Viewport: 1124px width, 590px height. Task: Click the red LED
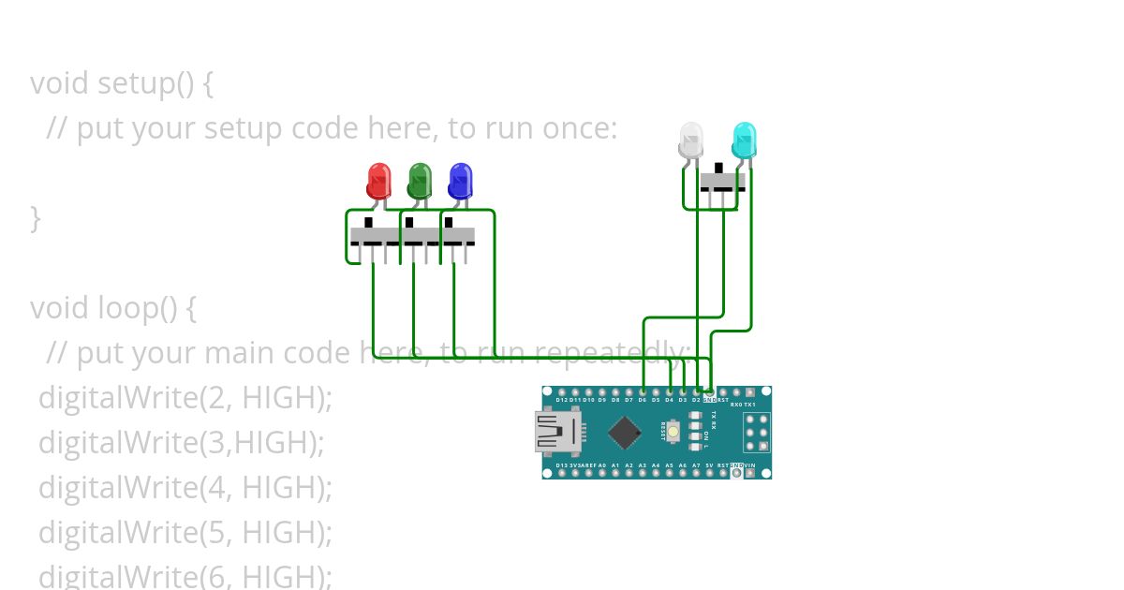pyautogui.click(x=378, y=179)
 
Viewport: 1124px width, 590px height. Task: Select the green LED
pyautogui.click(x=420, y=179)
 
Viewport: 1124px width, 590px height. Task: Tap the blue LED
pyautogui.click(x=460, y=179)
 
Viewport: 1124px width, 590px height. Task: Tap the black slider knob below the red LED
pyautogui.click(x=369, y=223)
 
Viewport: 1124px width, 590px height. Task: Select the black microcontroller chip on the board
pyautogui.click(x=624, y=433)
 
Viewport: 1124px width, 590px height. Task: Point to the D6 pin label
pyautogui.click(x=643, y=400)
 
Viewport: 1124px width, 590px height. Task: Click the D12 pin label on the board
pyautogui.click(x=561, y=400)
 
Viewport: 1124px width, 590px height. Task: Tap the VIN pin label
pyautogui.click(x=750, y=465)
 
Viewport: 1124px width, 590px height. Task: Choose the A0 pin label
pyautogui.click(x=602, y=465)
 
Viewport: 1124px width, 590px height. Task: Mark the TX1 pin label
pyautogui.click(x=749, y=405)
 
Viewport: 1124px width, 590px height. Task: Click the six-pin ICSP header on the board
pyautogui.click(x=756, y=433)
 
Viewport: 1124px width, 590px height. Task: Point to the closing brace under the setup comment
pyautogui.click(x=36, y=218)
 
